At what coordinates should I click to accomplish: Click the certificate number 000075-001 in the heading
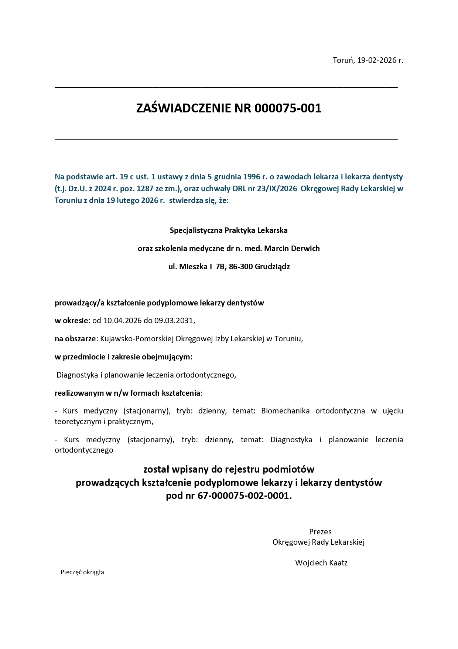pos(288,108)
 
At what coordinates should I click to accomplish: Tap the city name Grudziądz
pos(272,267)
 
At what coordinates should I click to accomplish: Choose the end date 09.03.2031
pos(174,321)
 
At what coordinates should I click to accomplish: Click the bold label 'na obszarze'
pos(75,339)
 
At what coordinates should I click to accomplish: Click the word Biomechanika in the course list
pos(285,411)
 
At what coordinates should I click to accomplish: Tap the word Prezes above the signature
pos(320,532)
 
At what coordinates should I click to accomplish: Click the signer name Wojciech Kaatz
pos(321,563)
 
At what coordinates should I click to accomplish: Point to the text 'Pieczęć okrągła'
pos(82,572)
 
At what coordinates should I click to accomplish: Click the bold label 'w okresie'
pos(72,321)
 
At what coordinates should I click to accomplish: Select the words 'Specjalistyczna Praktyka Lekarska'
pos(229,230)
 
